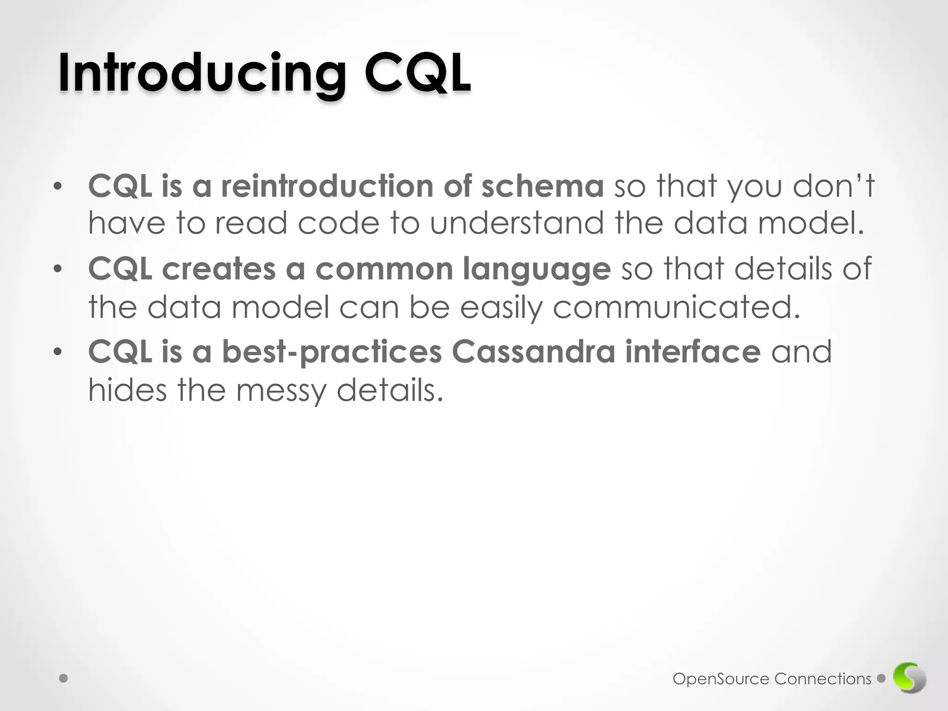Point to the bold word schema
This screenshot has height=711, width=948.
point(543,186)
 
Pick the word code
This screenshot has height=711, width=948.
point(338,224)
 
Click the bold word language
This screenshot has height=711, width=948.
point(537,270)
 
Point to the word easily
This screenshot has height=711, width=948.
point(501,308)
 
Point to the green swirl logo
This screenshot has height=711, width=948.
point(910,679)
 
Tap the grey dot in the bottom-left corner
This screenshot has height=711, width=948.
point(64,679)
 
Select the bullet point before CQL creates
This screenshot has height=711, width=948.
point(57,269)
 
